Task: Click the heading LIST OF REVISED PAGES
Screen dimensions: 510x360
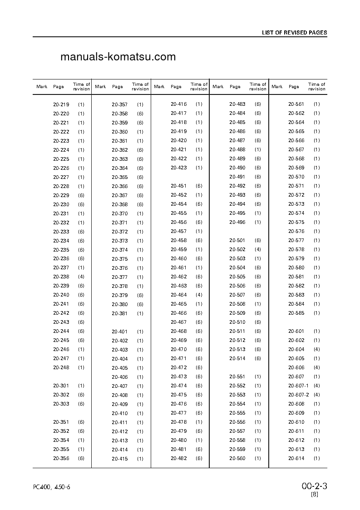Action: click(x=294, y=33)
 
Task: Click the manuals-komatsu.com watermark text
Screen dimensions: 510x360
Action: click(x=118, y=57)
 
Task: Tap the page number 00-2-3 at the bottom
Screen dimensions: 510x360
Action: click(x=314, y=486)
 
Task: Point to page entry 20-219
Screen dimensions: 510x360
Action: click(x=61, y=104)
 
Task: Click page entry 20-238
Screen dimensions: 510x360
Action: click(x=61, y=277)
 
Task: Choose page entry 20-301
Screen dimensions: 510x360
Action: click(x=61, y=386)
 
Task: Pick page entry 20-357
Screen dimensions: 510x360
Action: click(x=120, y=104)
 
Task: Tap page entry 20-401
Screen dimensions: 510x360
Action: click(x=120, y=332)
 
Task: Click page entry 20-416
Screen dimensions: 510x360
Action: click(x=179, y=104)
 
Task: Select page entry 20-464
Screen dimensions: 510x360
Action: click(x=179, y=295)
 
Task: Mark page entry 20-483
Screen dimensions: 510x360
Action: click(x=237, y=104)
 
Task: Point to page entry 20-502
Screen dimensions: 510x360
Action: click(x=237, y=249)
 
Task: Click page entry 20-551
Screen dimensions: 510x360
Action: click(x=237, y=376)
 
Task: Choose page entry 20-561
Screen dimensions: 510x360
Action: click(x=296, y=104)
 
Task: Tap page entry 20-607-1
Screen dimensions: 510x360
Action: click(x=299, y=386)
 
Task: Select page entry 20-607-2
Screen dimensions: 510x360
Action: click(x=299, y=395)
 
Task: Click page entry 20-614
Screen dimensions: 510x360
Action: click(x=296, y=458)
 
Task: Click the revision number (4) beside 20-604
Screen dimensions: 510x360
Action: click(x=316, y=349)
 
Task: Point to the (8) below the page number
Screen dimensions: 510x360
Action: click(x=315, y=495)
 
